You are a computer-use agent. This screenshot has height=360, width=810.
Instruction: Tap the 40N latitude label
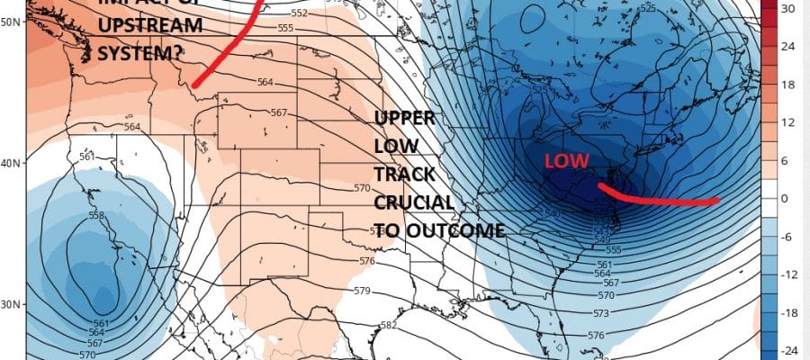(10, 164)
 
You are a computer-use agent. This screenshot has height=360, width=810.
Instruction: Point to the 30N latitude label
(10, 305)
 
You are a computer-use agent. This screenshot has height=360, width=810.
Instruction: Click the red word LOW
(566, 161)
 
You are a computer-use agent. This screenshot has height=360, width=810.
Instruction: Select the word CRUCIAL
(413, 200)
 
